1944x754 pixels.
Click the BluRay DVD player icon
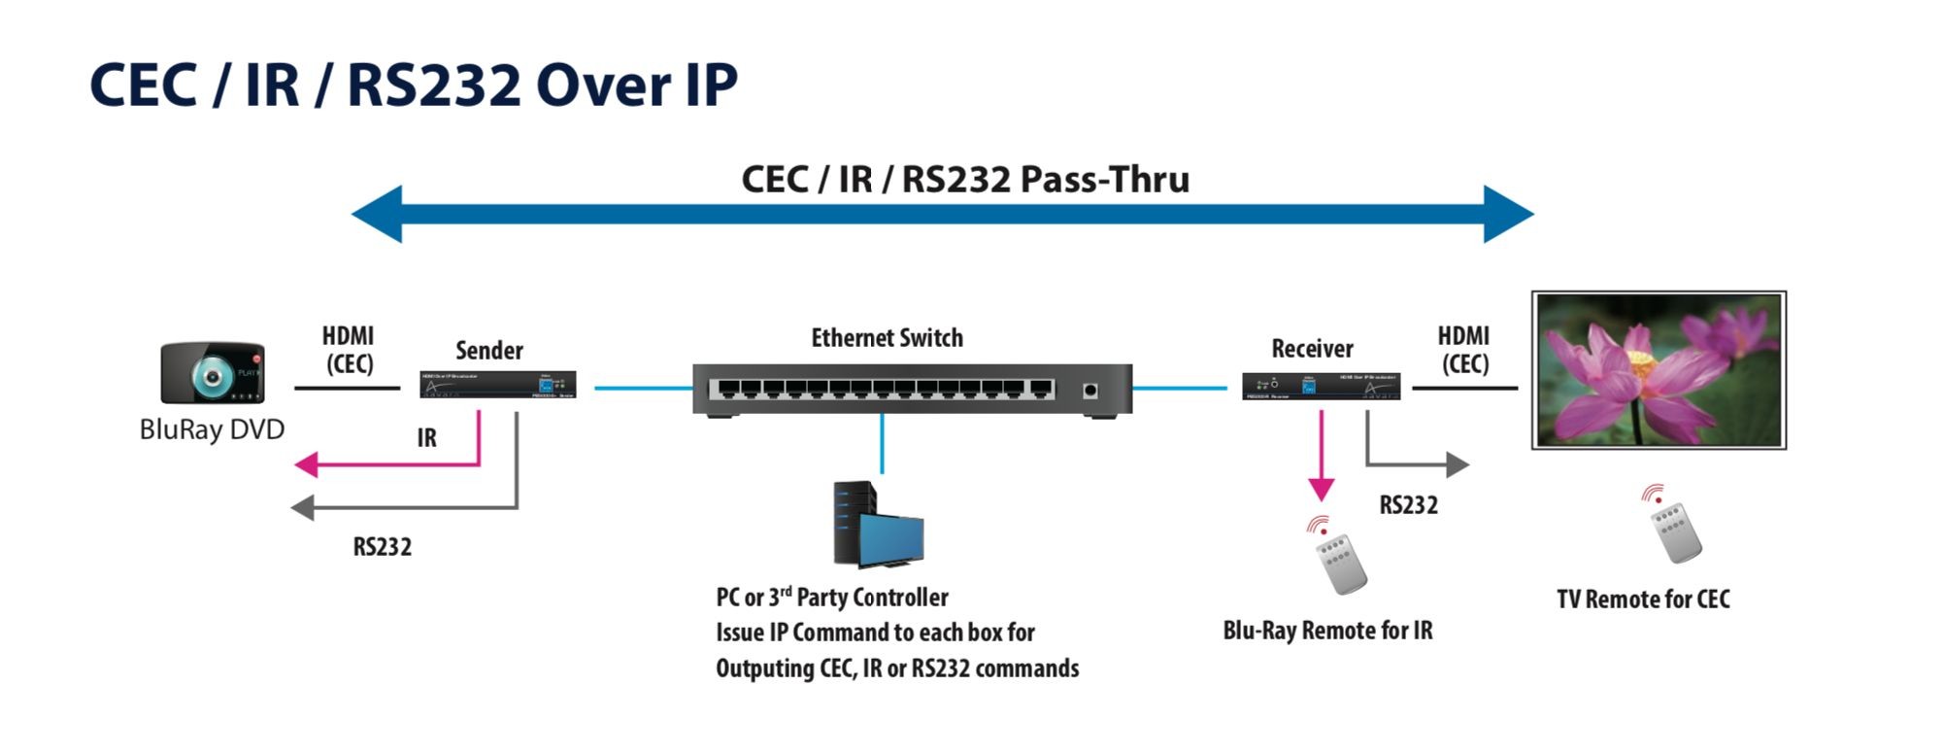coord(213,372)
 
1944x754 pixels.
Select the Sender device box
coord(497,385)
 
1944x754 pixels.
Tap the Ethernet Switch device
coord(912,390)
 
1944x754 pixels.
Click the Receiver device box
coord(1321,386)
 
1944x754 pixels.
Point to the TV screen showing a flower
coord(1659,370)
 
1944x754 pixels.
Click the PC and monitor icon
coord(877,525)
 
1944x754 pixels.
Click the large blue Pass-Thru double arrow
coord(942,214)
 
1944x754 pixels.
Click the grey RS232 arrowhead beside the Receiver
coord(1457,464)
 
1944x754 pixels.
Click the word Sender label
coord(489,350)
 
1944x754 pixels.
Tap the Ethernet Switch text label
coord(887,338)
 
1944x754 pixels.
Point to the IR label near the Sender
coord(426,438)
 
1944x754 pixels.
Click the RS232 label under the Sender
coord(382,547)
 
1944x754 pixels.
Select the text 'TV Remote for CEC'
coord(1643,600)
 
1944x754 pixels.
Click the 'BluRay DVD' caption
coord(212,429)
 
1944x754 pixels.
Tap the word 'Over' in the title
coord(602,86)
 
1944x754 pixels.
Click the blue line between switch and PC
coord(882,443)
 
